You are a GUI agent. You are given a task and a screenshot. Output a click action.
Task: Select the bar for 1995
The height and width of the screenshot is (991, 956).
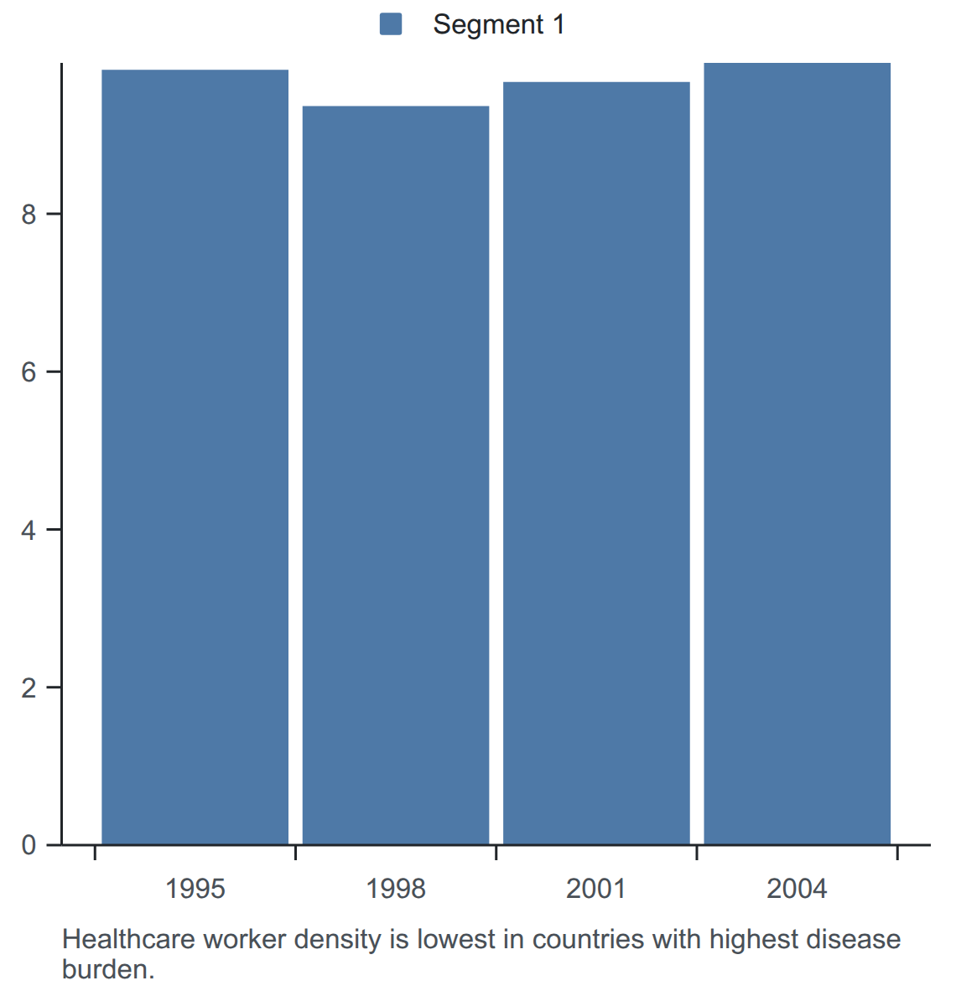coord(195,457)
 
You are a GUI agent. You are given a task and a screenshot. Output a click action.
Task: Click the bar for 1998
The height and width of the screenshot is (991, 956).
coord(396,475)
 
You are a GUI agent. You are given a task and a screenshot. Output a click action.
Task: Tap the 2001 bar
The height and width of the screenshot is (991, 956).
coord(596,464)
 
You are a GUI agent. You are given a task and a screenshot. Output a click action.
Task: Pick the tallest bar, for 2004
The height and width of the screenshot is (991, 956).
coord(798,454)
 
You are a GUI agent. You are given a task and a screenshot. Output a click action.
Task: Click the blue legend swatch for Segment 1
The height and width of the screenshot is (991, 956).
coord(391,24)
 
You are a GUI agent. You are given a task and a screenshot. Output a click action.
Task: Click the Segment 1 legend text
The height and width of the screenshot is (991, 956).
coord(498,24)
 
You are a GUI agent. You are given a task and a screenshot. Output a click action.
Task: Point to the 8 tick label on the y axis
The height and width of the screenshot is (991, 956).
coord(29,215)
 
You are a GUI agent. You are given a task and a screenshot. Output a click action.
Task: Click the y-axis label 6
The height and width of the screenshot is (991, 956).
coord(29,372)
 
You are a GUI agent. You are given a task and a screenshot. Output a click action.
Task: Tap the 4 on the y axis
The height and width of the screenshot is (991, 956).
coord(29,530)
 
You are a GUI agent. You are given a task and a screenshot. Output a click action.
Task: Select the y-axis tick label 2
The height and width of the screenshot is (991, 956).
coord(29,687)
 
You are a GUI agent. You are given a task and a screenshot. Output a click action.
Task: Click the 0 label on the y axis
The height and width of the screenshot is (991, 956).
coord(29,845)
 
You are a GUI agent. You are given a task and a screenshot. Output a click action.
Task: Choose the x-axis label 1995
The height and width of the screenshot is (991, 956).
coord(195,890)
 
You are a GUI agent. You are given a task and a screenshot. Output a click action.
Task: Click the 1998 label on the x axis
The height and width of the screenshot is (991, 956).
coord(396,890)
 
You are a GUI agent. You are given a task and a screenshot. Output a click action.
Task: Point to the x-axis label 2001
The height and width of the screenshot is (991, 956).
coord(596,890)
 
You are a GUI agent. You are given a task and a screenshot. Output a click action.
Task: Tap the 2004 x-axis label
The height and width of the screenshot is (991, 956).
coord(798,890)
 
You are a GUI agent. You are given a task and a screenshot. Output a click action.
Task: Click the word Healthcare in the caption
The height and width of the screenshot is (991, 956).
coord(128,939)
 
